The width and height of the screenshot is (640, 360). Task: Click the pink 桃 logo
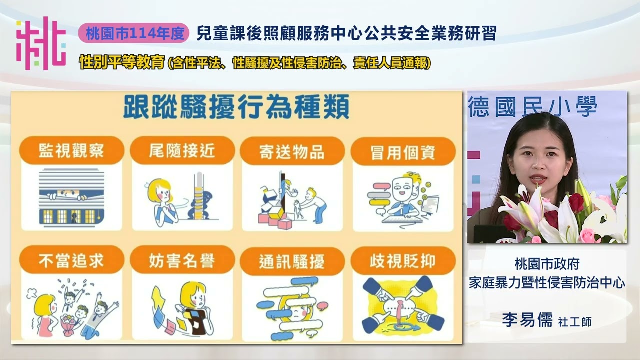click(x=41, y=43)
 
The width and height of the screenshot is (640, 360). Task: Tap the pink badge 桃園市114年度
click(x=134, y=33)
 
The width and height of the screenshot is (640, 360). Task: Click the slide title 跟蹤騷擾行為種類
click(x=236, y=107)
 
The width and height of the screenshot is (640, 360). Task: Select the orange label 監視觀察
click(x=71, y=151)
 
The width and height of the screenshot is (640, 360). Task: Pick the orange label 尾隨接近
click(x=182, y=151)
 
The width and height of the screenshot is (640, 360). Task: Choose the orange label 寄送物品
click(x=292, y=151)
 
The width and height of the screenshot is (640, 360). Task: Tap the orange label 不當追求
click(x=71, y=260)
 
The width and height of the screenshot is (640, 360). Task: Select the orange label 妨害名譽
click(x=182, y=260)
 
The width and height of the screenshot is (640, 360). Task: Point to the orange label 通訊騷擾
click(x=292, y=261)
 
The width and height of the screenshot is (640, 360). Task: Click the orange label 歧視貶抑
click(x=403, y=261)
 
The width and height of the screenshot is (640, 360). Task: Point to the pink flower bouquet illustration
click(x=68, y=325)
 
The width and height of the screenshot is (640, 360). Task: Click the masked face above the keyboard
click(x=402, y=189)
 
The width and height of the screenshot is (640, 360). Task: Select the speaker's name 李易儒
click(x=527, y=320)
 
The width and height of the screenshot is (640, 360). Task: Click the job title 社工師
click(x=575, y=322)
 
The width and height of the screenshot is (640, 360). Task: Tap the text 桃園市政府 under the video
click(x=547, y=264)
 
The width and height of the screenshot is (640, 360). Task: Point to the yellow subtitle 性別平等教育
click(x=122, y=62)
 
